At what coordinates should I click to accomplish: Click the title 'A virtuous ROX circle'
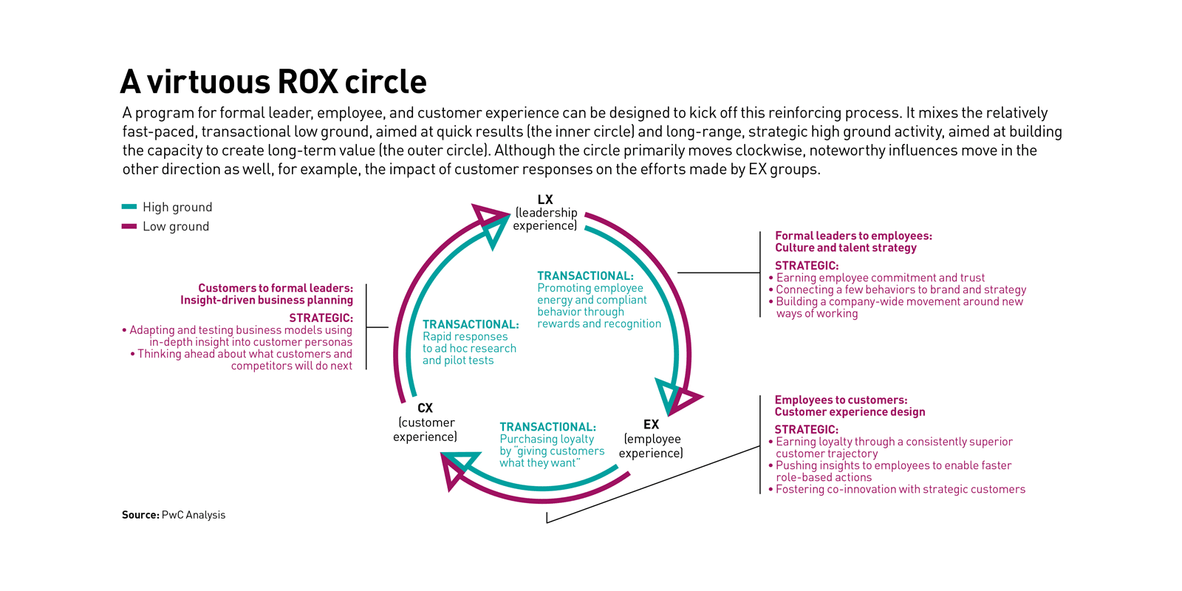pyautogui.click(x=273, y=82)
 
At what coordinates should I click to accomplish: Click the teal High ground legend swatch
pyautogui.click(x=129, y=207)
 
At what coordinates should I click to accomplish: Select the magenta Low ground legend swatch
pyautogui.click(x=129, y=226)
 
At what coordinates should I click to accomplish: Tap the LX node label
pyautogui.click(x=545, y=199)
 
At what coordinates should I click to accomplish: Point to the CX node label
pyautogui.click(x=425, y=408)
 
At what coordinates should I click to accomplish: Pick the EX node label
pyautogui.click(x=651, y=424)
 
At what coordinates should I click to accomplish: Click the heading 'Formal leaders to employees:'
pyautogui.click(x=853, y=236)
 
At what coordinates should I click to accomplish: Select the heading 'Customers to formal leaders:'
pyautogui.click(x=275, y=288)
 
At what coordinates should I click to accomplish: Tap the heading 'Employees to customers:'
pyautogui.click(x=841, y=400)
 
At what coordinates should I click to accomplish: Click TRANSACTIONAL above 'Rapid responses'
pyautogui.click(x=471, y=324)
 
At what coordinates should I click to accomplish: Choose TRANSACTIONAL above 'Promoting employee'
pyautogui.click(x=585, y=276)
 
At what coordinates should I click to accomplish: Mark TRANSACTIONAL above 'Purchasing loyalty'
pyautogui.click(x=547, y=427)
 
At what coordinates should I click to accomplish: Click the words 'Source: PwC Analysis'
pyautogui.click(x=174, y=515)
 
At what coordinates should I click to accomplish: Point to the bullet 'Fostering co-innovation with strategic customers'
pyautogui.click(x=900, y=489)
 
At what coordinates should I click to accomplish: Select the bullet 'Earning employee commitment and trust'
pyautogui.click(x=880, y=278)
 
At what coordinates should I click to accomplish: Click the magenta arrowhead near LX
pyautogui.click(x=487, y=215)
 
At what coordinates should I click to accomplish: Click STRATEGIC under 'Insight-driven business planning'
pyautogui.click(x=321, y=318)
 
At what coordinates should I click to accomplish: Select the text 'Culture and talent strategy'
pyautogui.click(x=845, y=247)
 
